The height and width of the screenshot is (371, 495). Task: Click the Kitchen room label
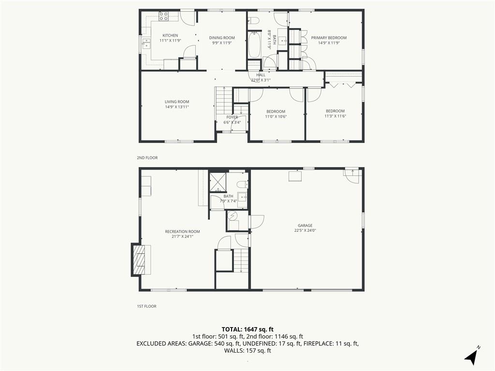(x=170, y=35)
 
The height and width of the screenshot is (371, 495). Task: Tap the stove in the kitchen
(x=163, y=16)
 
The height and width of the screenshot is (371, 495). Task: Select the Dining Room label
(x=222, y=38)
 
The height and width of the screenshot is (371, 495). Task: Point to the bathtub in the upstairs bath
(x=254, y=44)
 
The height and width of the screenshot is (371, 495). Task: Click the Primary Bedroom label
(x=329, y=38)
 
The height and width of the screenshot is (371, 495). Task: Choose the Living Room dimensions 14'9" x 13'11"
(x=177, y=107)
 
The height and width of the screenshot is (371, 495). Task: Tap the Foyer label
(x=232, y=117)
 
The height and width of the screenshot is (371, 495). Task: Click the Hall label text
(x=261, y=75)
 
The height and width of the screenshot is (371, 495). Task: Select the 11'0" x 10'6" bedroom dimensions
(x=276, y=116)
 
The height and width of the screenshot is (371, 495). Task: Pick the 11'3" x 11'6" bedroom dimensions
(x=335, y=116)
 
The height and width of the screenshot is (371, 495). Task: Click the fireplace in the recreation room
(x=139, y=259)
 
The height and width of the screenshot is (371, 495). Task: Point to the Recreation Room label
(x=182, y=231)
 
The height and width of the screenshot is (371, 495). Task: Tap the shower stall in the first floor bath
(x=218, y=182)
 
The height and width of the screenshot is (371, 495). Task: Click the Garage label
(x=305, y=226)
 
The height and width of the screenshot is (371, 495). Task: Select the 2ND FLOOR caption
(x=147, y=158)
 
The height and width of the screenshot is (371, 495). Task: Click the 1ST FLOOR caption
(x=146, y=306)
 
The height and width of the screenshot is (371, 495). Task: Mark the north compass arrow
(x=471, y=356)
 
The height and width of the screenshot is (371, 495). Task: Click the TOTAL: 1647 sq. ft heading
(x=247, y=329)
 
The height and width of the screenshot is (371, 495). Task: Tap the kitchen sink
(x=146, y=43)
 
